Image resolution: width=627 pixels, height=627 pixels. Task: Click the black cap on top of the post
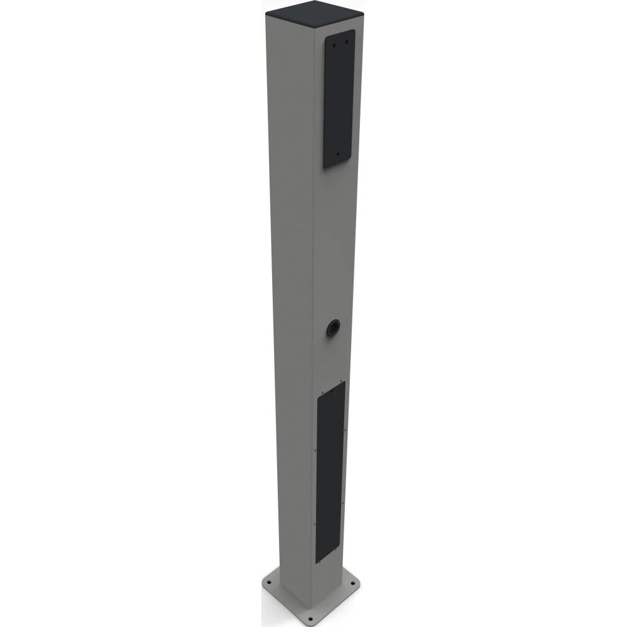pyautogui.click(x=313, y=12)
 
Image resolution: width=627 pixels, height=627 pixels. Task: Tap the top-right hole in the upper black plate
pyautogui.click(x=345, y=43)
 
